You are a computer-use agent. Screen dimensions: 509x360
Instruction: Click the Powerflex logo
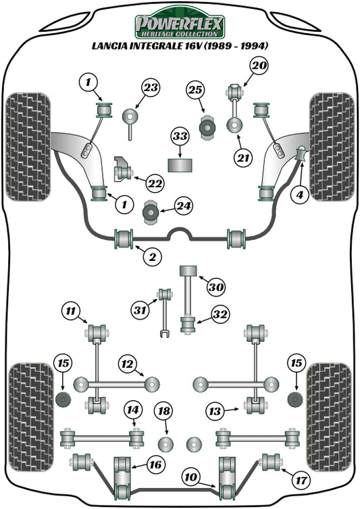coord(180,26)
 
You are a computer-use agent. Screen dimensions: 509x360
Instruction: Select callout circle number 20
coord(258,66)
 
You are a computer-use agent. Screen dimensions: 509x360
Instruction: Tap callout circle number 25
coord(195,90)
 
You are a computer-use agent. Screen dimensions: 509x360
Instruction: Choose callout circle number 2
coord(153,256)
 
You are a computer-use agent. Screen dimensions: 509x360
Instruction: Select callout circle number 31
coord(70,311)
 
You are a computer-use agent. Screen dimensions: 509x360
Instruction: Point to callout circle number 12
coord(132,409)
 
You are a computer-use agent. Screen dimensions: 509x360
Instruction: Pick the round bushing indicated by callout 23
coord(129,116)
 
